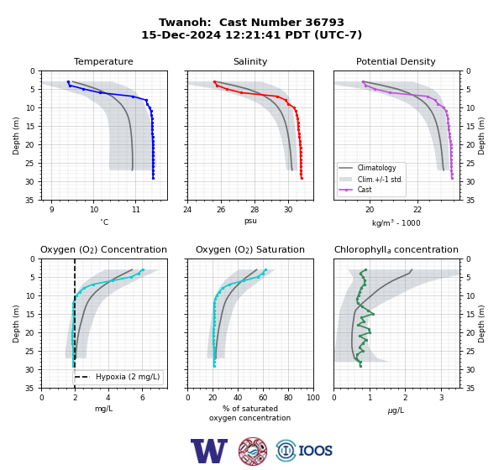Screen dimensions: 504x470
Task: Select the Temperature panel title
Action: pyautogui.click(x=103, y=61)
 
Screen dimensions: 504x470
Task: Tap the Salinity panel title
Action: pyautogui.click(x=250, y=61)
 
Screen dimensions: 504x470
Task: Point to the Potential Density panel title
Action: pyautogui.click(x=396, y=61)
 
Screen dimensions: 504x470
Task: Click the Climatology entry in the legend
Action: pyautogui.click(x=376, y=168)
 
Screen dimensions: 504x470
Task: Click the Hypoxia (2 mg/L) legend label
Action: pyautogui.click(x=128, y=377)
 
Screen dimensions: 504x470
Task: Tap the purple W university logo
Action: pyautogui.click(x=209, y=451)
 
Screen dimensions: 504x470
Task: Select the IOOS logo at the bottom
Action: pyautogui.click(x=304, y=451)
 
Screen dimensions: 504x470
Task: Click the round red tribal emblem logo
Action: pyautogui.click(x=253, y=451)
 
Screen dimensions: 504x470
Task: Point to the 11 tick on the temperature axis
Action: pyautogui.click(x=135, y=210)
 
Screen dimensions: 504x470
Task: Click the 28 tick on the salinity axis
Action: pyautogui.click(x=255, y=210)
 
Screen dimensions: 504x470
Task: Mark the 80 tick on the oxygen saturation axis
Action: pyautogui.click(x=288, y=398)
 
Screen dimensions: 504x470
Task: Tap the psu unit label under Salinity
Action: pyautogui.click(x=250, y=221)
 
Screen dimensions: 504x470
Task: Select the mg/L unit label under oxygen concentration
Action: pyautogui.click(x=103, y=409)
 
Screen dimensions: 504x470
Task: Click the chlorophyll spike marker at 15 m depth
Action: pyautogui.click(x=373, y=314)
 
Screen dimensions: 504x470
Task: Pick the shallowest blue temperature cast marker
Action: pyautogui.click(x=68, y=82)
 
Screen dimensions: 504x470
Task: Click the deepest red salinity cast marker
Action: pyautogui.click(x=302, y=178)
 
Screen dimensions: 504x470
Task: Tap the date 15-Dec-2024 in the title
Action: pyautogui.click(x=181, y=34)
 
